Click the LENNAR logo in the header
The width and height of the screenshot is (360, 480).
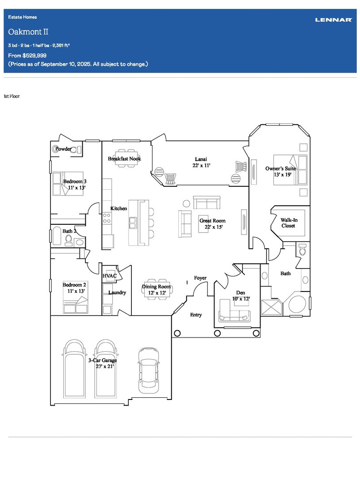pyautogui.click(x=333, y=20)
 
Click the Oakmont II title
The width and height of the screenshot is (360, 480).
pyautogui.click(x=28, y=32)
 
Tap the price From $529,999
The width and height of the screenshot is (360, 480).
pyautogui.click(x=27, y=55)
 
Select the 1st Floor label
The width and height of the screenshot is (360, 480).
pyautogui.click(x=11, y=96)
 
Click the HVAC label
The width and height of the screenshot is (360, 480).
pyautogui.click(x=110, y=276)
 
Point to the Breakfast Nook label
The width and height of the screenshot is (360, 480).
pyautogui.click(x=124, y=158)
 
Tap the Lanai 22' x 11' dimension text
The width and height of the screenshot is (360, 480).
pyautogui.click(x=201, y=165)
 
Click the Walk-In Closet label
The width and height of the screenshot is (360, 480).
pyautogui.click(x=289, y=223)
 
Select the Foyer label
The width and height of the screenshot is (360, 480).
pyautogui.click(x=200, y=278)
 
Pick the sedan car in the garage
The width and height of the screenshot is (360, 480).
pyautogui.click(x=149, y=370)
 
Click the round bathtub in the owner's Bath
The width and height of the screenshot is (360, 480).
pyautogui.click(x=297, y=304)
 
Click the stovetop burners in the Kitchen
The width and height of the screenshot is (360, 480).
pyautogui.click(x=107, y=218)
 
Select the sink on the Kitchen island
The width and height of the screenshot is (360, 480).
pyautogui.click(x=133, y=223)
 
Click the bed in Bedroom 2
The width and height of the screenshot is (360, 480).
pyautogui.click(x=75, y=297)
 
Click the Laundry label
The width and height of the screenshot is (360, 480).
pyautogui.click(x=117, y=293)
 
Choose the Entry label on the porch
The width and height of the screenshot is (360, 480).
pyautogui.click(x=196, y=315)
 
